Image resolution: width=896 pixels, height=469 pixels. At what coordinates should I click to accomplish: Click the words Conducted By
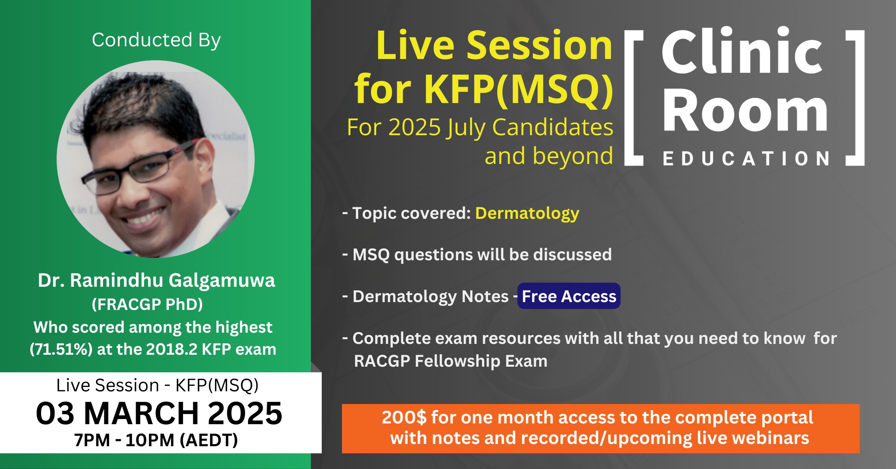coord(156,40)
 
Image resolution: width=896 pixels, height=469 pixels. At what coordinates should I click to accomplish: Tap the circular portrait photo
coord(155,159)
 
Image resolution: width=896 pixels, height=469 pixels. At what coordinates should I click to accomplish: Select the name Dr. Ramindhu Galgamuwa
coord(156,280)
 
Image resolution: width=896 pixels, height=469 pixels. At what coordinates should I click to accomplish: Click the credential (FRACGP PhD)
coord(147,304)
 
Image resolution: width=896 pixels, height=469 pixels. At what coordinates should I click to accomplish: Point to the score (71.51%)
coord(61,350)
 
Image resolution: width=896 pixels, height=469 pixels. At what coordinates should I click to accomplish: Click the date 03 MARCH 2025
coord(159,413)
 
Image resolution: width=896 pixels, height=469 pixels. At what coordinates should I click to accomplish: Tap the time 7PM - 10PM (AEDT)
coord(156,440)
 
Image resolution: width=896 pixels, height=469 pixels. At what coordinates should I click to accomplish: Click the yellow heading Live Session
coord(494,46)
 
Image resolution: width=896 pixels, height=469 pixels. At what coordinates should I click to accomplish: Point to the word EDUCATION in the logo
coord(746,159)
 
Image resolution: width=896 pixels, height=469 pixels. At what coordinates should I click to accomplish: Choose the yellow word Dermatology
coord(527,213)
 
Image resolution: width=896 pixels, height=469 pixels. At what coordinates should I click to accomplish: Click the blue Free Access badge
coord(569,296)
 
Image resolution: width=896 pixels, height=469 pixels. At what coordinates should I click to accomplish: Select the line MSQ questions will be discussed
coord(482,255)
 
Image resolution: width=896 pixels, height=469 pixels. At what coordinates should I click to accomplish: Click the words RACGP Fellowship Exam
coord(451,361)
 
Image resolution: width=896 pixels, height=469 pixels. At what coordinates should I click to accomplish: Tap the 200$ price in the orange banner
coord(404,417)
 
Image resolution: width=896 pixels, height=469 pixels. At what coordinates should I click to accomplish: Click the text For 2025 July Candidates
coord(480,128)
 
